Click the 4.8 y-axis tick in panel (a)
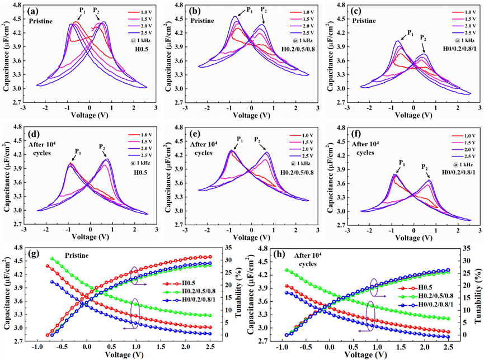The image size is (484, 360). pos(17,5)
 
